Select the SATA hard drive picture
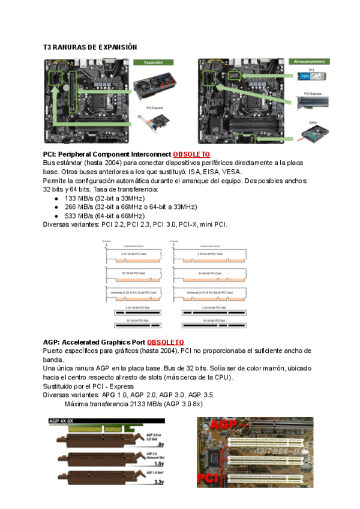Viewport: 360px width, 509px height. [x=315, y=133]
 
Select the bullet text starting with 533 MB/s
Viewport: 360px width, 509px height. [x=104, y=215]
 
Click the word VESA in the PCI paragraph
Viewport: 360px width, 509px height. [x=230, y=171]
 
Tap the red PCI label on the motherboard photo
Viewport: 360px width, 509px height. [x=208, y=479]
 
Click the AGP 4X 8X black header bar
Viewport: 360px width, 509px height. [x=79, y=421]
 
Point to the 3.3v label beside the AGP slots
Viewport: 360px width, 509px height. [x=159, y=481]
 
